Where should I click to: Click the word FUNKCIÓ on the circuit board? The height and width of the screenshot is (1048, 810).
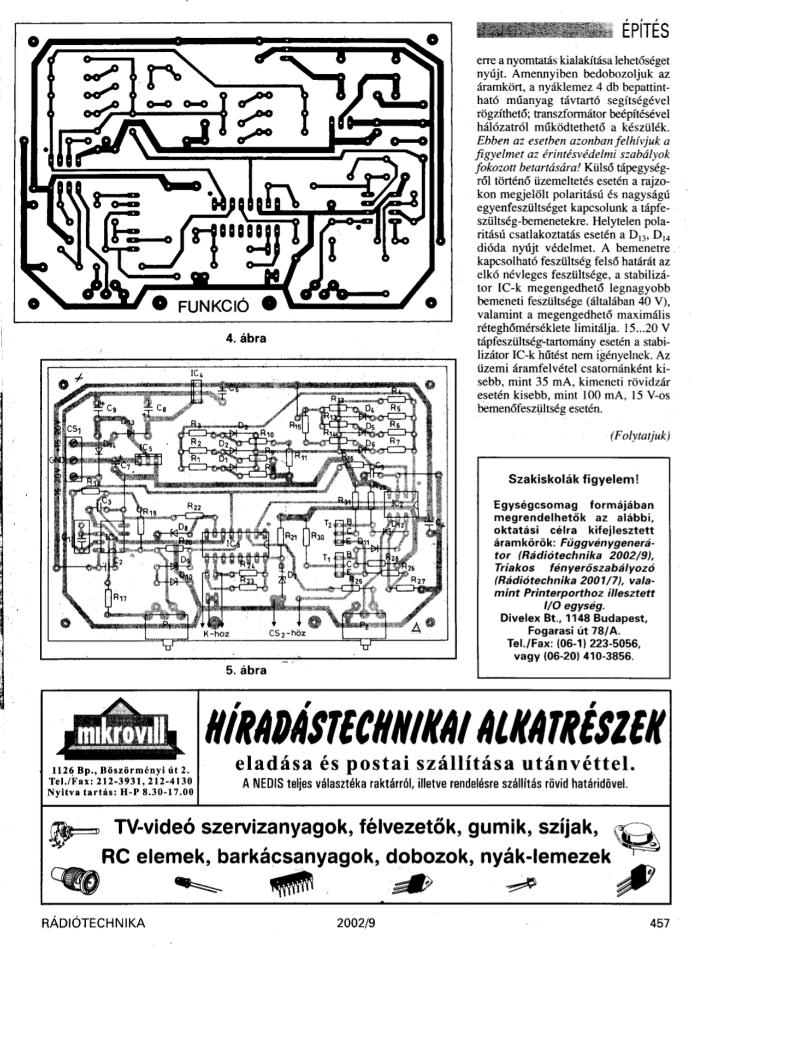(213, 306)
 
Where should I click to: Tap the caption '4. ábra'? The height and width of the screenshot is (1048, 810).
(246, 338)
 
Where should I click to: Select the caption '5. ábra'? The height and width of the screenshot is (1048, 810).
(246, 670)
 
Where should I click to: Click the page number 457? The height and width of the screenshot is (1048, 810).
(659, 923)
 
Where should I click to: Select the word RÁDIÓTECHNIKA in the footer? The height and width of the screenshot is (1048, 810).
(93, 923)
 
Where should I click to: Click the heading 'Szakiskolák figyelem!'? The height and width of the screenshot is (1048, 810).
(573, 479)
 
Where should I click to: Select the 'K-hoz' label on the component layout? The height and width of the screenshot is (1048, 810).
(216, 634)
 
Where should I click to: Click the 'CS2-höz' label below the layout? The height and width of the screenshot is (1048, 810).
(287, 634)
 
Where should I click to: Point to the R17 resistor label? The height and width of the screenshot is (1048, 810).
(119, 598)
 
